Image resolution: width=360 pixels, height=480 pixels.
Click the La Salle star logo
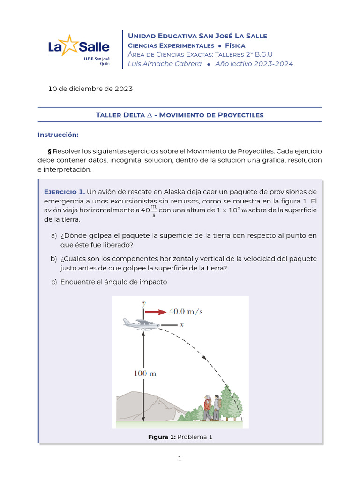(x=69, y=46)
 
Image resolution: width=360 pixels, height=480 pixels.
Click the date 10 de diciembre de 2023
(x=90, y=89)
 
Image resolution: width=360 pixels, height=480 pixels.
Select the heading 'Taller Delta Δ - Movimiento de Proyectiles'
(x=180, y=115)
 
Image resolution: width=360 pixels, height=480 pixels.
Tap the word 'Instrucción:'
(x=58, y=135)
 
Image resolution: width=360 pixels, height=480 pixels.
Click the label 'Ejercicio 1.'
(x=64, y=192)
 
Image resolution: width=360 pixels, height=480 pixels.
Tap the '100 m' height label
(x=145, y=374)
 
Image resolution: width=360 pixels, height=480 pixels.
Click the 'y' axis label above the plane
(x=143, y=303)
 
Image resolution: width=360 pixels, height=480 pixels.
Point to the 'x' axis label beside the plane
(x=181, y=324)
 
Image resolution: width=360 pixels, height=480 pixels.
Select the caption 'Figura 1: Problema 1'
(x=180, y=437)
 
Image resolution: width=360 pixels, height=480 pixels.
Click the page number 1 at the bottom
(x=180, y=458)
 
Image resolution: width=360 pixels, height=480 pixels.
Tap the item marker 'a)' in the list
(x=54, y=235)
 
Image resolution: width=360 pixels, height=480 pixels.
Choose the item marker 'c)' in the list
(x=54, y=282)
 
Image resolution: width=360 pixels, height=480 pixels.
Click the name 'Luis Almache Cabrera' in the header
(x=165, y=64)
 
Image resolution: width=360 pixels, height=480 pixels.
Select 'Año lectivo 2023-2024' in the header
(x=254, y=64)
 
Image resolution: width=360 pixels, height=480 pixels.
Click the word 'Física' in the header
(x=238, y=45)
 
